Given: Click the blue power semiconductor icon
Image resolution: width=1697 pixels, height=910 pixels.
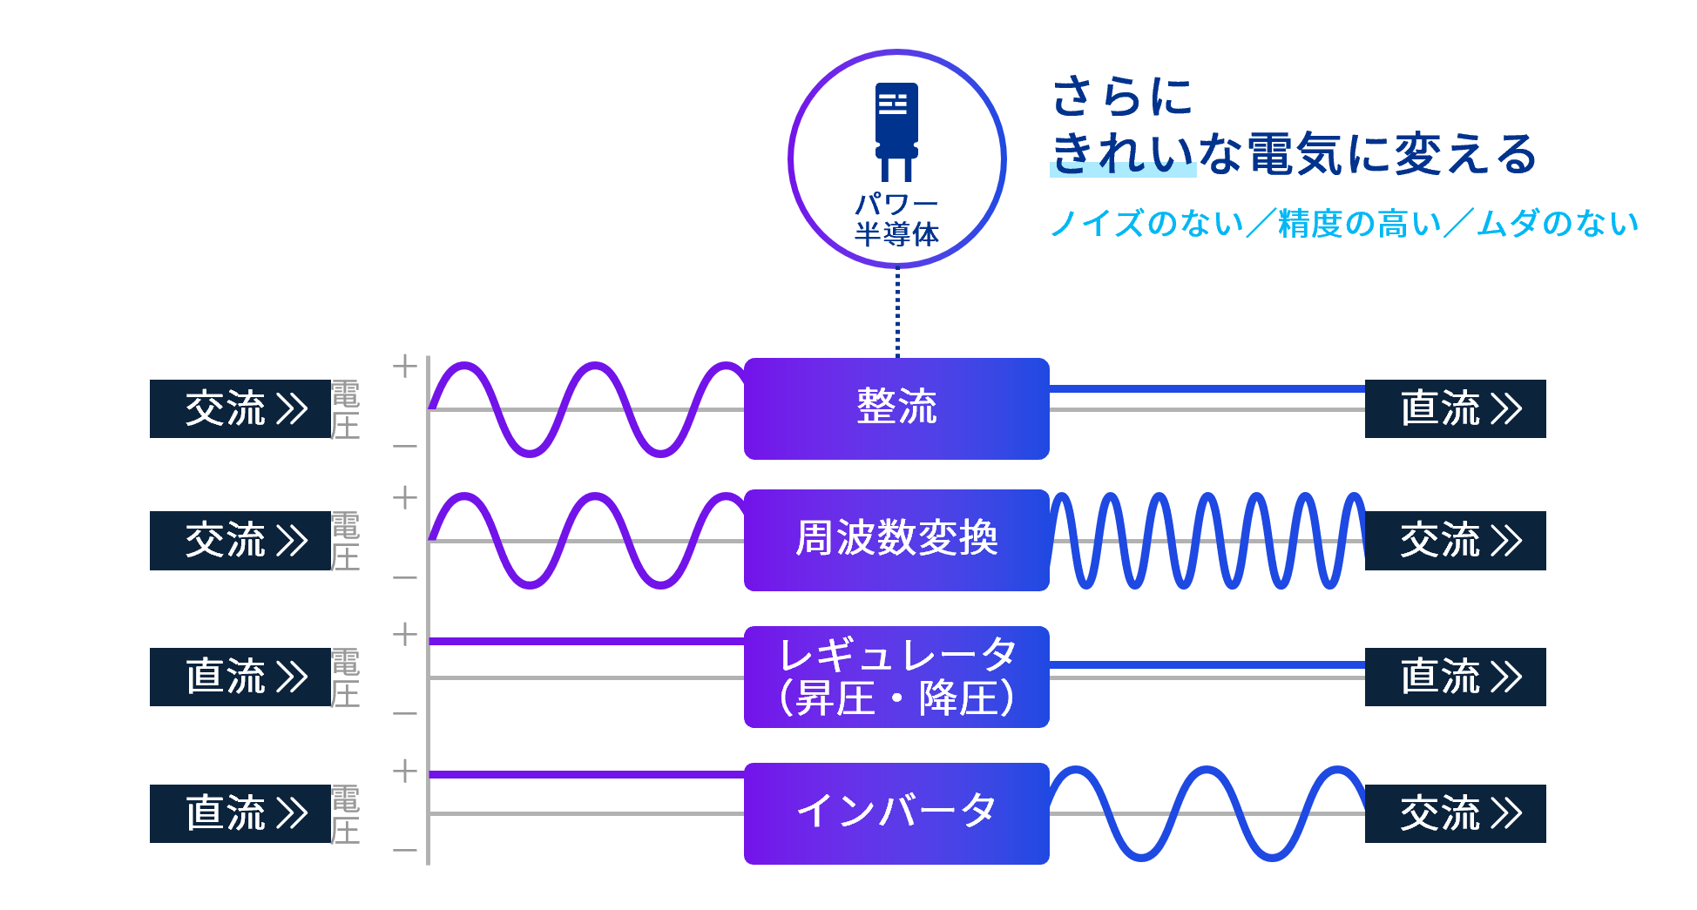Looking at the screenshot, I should click(896, 131).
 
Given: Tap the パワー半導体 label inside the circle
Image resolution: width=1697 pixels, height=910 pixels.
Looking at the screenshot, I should click(896, 219).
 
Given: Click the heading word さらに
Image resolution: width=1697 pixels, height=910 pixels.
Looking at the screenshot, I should click(1122, 96).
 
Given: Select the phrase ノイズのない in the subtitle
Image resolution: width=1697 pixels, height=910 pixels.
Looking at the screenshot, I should click(1146, 224).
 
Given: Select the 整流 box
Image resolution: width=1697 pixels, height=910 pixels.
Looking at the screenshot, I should click(896, 408).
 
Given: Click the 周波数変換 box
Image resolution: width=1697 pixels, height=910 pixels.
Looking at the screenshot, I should click(896, 540).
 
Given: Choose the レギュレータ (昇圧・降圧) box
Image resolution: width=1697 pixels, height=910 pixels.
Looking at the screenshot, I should click(896, 677).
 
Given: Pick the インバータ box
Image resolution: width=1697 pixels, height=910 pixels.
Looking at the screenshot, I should click(896, 813).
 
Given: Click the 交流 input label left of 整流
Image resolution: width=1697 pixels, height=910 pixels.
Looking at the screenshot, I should click(240, 408).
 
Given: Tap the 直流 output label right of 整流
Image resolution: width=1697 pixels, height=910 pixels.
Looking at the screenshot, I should click(1455, 408).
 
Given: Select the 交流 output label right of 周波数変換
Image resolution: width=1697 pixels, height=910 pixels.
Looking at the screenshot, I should click(1455, 541).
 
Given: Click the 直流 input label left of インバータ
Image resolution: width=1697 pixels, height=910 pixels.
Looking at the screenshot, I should click(240, 813).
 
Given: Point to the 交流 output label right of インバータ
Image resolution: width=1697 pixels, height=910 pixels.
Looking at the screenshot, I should click(1455, 813).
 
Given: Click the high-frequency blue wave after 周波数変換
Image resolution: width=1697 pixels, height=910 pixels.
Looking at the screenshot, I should click(1207, 540).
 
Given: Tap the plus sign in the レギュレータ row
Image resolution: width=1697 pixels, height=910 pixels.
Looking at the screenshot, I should click(404, 635).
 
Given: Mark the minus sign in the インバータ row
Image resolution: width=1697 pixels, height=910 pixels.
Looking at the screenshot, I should click(404, 850).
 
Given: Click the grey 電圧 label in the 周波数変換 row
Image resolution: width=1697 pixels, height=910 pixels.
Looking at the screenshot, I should click(345, 541).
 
